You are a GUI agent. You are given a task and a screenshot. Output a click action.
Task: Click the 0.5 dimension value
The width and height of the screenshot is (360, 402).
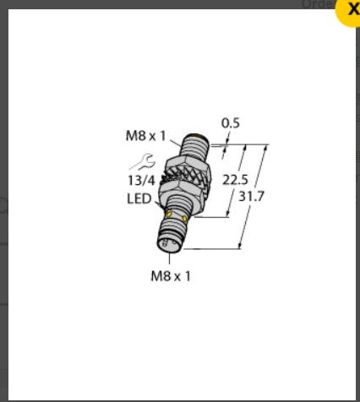coord(230,123)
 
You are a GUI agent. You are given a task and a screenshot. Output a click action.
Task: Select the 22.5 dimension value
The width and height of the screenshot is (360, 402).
coord(236,180)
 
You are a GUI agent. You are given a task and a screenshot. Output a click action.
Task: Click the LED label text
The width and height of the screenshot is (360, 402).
coord(139,199)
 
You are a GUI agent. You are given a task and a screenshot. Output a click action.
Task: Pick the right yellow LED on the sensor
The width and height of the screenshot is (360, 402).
coord(185,220)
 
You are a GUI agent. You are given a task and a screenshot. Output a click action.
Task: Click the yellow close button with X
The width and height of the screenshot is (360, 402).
coord(350,8)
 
